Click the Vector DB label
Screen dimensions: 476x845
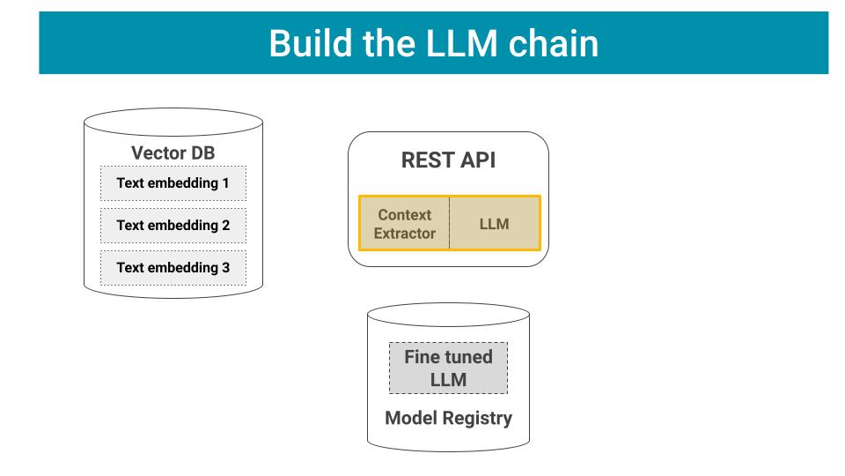tap(173, 152)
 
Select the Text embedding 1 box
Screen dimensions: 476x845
tap(173, 183)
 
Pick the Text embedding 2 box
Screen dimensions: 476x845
tap(173, 226)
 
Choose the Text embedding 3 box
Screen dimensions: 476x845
tap(173, 268)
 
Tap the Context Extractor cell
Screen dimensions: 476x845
tap(404, 224)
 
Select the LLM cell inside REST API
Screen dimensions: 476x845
tap(494, 224)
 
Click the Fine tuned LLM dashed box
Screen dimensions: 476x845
tap(448, 368)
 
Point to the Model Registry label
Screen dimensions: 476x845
tap(448, 418)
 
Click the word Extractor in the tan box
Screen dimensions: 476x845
tap(404, 234)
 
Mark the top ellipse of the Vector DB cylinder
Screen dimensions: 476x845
tap(173, 121)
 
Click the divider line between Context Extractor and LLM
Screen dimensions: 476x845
tap(449, 224)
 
